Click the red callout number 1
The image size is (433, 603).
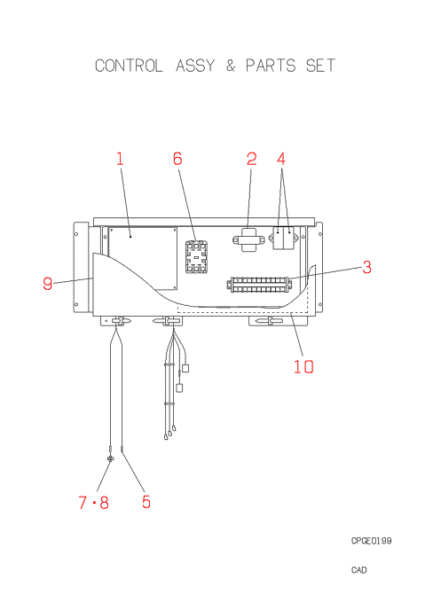[x=120, y=159]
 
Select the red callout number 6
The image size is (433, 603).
[x=177, y=159]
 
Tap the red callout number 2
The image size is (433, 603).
[x=251, y=159]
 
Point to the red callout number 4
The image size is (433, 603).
[x=281, y=159]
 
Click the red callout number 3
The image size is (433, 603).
[x=367, y=267]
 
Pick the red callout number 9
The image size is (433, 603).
[x=48, y=284]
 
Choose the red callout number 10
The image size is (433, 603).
[x=303, y=366]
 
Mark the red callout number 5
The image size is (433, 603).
[x=146, y=502]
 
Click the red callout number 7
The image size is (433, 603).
[x=83, y=502]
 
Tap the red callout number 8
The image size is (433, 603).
[x=104, y=502]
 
